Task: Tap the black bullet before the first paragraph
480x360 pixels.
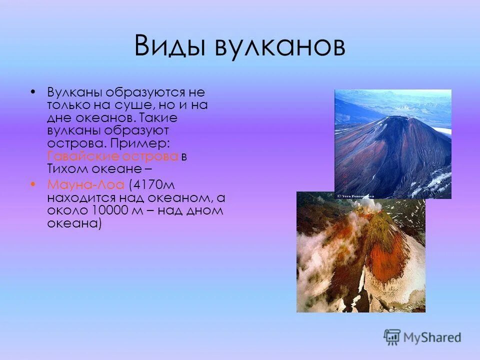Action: pos(33,92)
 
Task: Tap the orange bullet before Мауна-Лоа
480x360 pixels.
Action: pos(33,183)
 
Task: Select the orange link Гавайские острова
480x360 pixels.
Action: pos(113,155)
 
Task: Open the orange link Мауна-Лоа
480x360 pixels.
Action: pos(86,184)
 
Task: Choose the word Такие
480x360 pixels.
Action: pos(159,118)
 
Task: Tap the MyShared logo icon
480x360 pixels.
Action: pos(392,337)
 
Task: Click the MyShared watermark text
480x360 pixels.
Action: pos(433,337)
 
